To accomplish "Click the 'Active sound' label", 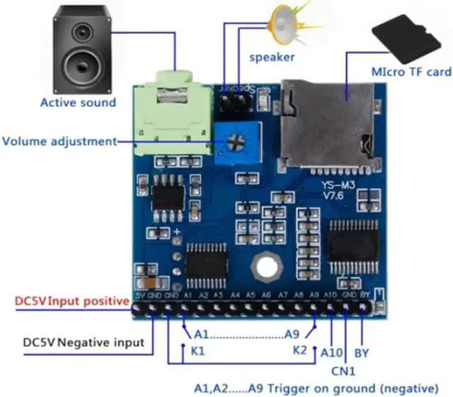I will (78, 103).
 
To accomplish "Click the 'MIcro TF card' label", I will (411, 72).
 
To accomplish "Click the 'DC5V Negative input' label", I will (84, 343).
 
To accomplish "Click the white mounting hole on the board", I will (268, 267).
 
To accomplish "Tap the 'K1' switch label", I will (198, 350).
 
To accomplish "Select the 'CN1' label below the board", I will (343, 369).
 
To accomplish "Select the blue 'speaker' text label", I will (272, 57).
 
